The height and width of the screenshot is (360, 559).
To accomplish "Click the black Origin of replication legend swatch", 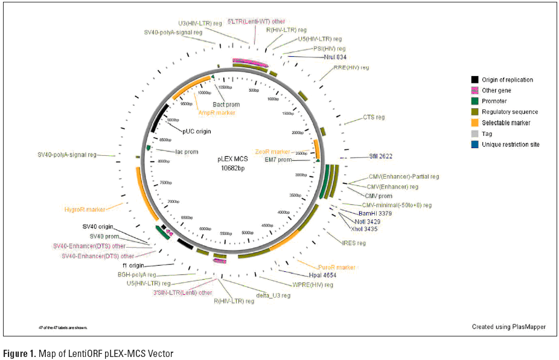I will coord(475,80).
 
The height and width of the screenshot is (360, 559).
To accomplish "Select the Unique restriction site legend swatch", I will coord(475,144).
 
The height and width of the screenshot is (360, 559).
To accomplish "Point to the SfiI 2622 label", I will coord(381,156).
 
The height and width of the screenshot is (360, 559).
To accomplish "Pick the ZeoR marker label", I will coord(272,152).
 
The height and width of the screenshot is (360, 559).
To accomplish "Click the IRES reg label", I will coord(354,243).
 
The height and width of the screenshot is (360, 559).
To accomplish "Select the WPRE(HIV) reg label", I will coord(311,284).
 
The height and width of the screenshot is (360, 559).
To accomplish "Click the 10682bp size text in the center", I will coord(232,169).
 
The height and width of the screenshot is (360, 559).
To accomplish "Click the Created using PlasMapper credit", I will coord(509,327).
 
